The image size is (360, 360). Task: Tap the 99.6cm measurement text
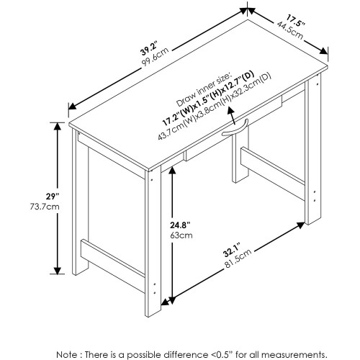point(156,57)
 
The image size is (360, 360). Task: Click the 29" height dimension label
point(53,197)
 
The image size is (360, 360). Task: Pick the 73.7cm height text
point(45,207)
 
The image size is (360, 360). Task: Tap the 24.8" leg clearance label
point(180,225)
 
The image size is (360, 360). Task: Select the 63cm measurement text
point(181,235)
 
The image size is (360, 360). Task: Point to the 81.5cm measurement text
point(238,258)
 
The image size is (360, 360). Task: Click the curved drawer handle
point(235,128)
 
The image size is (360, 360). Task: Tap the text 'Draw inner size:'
point(204,90)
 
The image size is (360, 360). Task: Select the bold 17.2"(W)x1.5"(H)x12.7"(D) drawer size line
point(208,99)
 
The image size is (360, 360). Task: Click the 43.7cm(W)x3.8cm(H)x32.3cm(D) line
point(215,107)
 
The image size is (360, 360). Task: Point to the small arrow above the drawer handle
point(233,116)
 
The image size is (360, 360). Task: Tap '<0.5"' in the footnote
point(221,354)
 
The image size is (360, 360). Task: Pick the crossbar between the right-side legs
point(273,173)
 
